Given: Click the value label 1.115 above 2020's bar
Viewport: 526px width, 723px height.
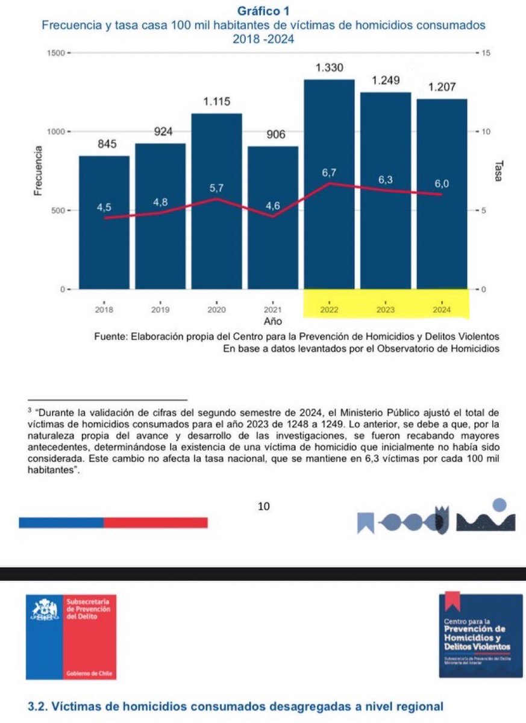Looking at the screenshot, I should coord(217,102).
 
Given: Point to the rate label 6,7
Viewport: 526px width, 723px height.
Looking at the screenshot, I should coord(329,173).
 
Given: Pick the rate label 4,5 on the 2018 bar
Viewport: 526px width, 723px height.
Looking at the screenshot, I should coord(104,208).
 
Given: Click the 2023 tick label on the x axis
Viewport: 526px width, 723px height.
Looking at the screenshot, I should coord(385,310).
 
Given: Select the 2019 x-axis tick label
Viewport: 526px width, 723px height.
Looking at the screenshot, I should coord(160,310).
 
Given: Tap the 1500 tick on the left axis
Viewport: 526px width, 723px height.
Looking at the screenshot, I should coord(55,54).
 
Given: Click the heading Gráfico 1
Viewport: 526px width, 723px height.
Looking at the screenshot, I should coord(263,10).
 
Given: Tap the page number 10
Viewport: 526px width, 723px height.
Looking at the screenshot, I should coord(263,507).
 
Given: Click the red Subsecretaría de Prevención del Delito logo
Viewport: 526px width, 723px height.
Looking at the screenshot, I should coord(71,636).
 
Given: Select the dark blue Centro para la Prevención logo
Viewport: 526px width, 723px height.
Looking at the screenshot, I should coord(481,635).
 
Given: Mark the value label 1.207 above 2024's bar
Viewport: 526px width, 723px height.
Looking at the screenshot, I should coord(442,88).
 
